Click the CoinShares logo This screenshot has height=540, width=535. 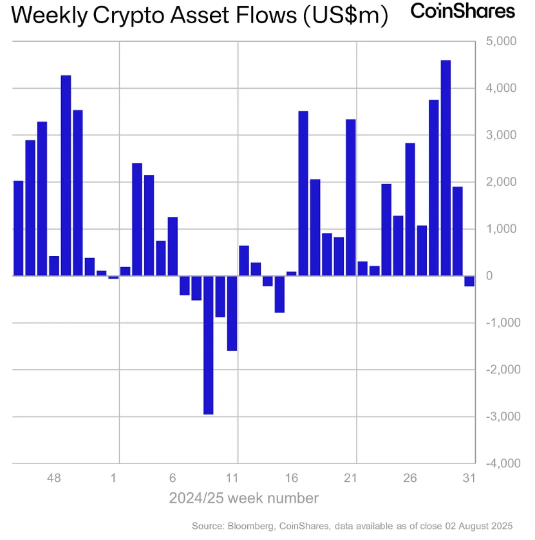[462, 12]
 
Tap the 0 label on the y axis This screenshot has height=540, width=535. [489, 276]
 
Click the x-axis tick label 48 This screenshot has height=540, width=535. [54, 478]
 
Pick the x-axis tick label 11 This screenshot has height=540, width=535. [232, 478]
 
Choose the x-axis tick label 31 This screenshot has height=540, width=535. [469, 478]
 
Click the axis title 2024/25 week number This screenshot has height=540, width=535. [243, 498]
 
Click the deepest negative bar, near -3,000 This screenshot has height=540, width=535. [208, 344]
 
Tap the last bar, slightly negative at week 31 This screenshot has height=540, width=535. [469, 281]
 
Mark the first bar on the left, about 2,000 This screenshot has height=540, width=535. [18, 228]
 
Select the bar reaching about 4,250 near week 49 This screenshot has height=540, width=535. [66, 176]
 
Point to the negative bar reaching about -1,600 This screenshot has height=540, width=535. [232, 313]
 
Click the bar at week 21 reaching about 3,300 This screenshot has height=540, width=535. [351, 198]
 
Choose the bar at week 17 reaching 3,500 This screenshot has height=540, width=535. [303, 193]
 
